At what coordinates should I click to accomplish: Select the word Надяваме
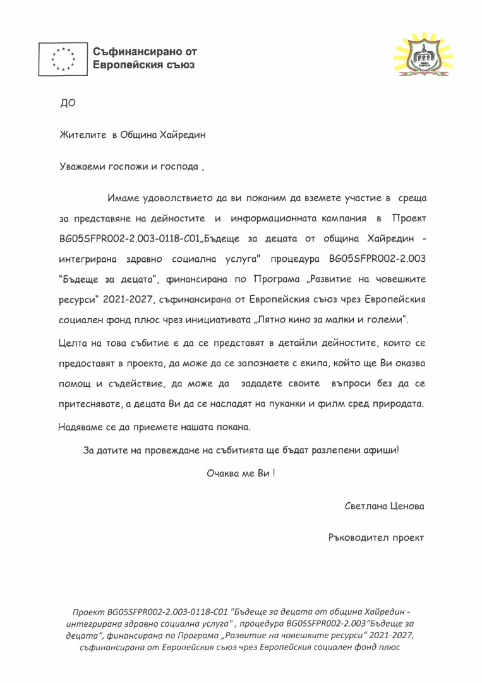(x=82, y=428)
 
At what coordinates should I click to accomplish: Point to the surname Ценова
(x=407, y=507)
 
